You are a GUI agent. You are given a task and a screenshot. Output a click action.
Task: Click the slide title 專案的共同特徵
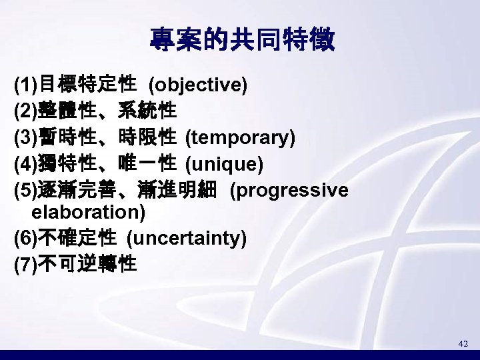point(242,41)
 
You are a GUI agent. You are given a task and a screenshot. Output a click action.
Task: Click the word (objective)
point(198,85)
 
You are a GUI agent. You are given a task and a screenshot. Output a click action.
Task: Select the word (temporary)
point(240,138)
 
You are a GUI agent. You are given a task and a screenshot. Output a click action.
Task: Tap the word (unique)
point(224,164)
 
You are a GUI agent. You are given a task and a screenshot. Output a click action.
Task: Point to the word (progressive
point(288,191)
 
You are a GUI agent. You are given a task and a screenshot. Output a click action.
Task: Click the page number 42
point(463,343)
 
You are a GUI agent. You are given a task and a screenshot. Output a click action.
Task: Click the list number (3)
point(26,139)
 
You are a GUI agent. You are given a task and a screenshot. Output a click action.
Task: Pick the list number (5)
point(26,191)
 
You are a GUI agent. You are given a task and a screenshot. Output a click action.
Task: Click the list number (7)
point(26,265)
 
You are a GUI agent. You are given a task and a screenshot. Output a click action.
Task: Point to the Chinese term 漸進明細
point(187,191)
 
